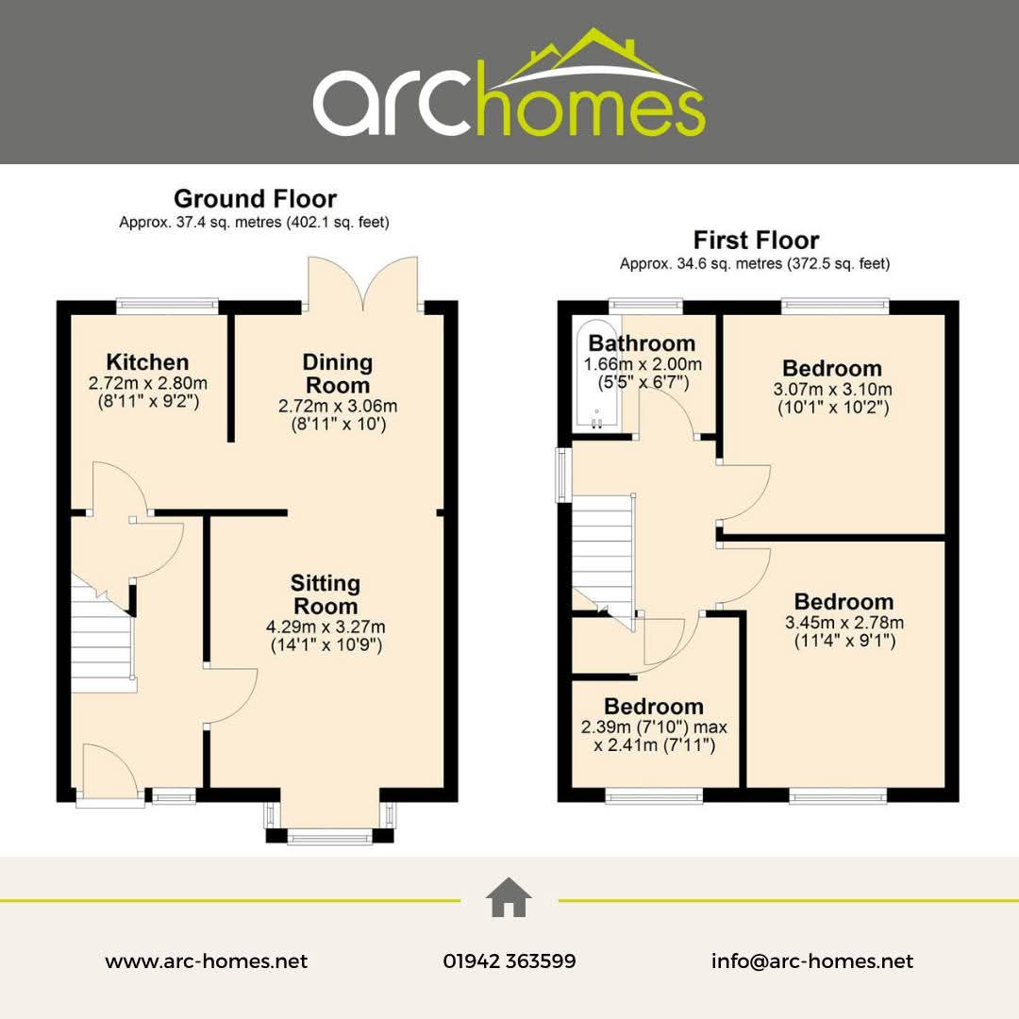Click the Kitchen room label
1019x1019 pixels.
[x=147, y=362]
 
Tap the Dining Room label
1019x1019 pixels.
[x=338, y=373]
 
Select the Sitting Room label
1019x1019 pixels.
[x=326, y=594]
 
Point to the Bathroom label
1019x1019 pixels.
[x=643, y=342]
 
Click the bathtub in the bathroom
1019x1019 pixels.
[x=596, y=375]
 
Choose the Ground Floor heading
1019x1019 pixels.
[x=255, y=198]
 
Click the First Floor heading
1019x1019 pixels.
[x=756, y=241]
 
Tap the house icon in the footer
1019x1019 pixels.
[x=509, y=897]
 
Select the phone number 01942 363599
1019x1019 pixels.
[x=509, y=961]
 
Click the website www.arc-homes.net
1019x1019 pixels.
[x=206, y=961]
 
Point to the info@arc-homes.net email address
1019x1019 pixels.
[x=812, y=961]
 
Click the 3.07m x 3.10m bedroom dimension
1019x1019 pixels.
[x=832, y=390]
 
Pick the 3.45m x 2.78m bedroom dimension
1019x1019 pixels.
[x=844, y=623]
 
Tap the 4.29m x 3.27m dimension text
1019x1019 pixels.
[x=326, y=627]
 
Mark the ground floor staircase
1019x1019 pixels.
[x=103, y=634]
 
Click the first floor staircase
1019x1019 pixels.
[x=602, y=552]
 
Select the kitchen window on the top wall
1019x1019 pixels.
[x=167, y=306]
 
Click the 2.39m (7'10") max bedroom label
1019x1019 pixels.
[x=654, y=727]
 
